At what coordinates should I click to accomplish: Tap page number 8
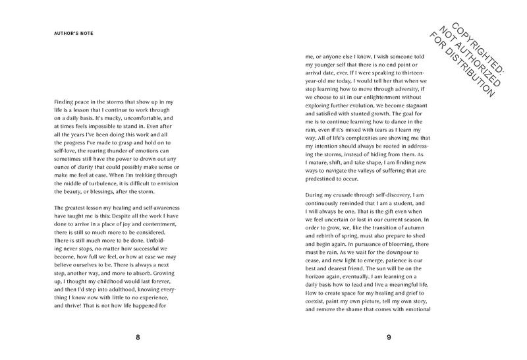click(138, 338)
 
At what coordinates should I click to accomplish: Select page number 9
click(389, 338)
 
